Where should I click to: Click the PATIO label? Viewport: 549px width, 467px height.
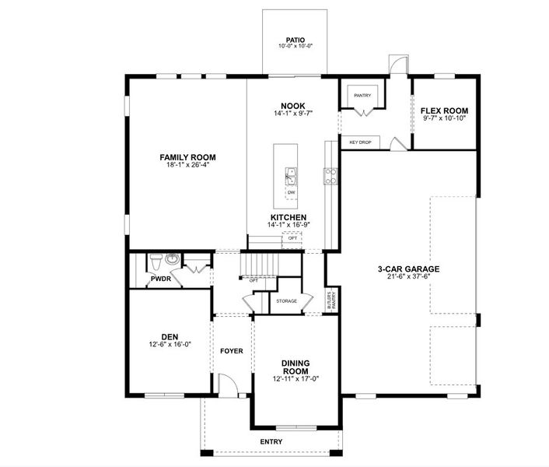pyautogui.click(x=295, y=40)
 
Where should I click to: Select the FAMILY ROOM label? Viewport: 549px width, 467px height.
pyautogui.click(x=187, y=157)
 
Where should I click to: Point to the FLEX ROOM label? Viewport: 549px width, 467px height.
pyautogui.click(x=444, y=111)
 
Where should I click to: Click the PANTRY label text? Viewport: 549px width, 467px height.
pyautogui.click(x=362, y=96)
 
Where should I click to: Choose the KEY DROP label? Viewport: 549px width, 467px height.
pyautogui.click(x=360, y=142)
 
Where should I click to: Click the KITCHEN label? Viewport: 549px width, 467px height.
pyautogui.click(x=288, y=217)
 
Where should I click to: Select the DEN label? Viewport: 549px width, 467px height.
pyautogui.click(x=170, y=337)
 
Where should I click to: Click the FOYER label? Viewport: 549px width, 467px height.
pyautogui.click(x=231, y=351)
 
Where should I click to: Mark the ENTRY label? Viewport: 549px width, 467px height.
pyautogui.click(x=271, y=442)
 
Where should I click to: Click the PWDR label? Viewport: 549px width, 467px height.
pyautogui.click(x=161, y=278)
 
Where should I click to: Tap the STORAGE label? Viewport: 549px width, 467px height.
pyautogui.click(x=287, y=300)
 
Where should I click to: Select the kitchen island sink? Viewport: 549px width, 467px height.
pyautogui.click(x=291, y=174)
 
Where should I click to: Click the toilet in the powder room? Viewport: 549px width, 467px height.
pyautogui.click(x=156, y=259)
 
